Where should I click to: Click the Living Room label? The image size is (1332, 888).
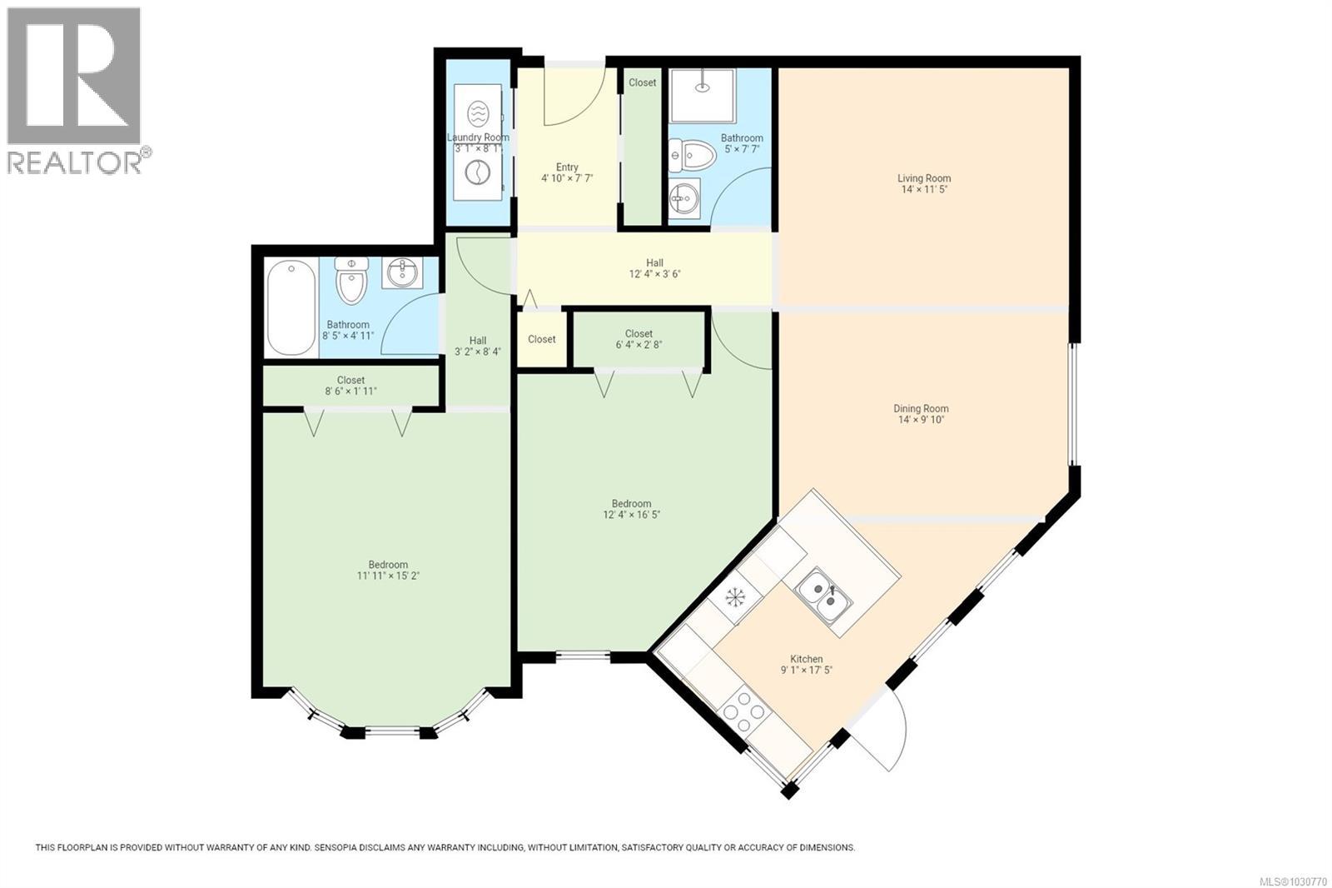(x=924, y=178)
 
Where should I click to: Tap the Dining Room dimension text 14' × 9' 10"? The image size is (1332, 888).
(x=921, y=420)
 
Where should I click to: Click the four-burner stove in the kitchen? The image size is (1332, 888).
(x=744, y=711)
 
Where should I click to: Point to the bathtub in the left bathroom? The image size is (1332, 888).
(x=291, y=307)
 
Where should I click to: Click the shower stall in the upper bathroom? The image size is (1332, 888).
(x=703, y=96)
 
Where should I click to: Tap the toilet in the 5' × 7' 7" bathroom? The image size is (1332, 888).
(x=692, y=155)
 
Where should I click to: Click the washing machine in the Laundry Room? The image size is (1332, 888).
(x=477, y=173)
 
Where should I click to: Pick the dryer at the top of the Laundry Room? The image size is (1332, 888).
(x=478, y=113)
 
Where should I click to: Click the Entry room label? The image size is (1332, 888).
(x=567, y=167)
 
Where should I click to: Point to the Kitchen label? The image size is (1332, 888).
(x=807, y=659)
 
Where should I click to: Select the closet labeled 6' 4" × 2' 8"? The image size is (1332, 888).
(x=639, y=339)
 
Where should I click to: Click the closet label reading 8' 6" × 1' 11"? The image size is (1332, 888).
(x=350, y=391)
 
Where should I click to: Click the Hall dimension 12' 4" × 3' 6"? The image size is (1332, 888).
(x=654, y=274)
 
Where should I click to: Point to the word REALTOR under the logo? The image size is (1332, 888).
(x=74, y=162)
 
